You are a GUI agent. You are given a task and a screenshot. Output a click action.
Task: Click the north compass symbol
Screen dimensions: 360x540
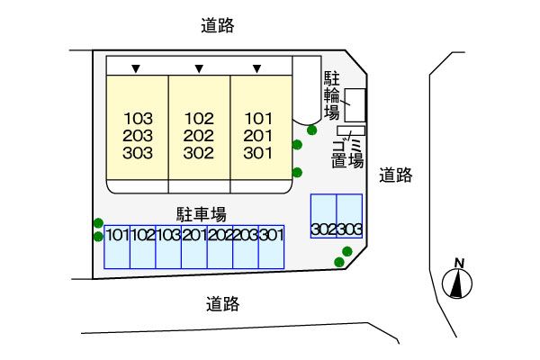[x=459, y=281]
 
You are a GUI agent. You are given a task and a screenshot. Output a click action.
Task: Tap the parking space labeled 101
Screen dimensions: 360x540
[x=117, y=246]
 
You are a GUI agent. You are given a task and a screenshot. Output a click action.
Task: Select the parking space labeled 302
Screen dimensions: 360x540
[x=323, y=229]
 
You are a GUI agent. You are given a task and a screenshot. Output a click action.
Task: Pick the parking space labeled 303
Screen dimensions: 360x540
[x=349, y=229]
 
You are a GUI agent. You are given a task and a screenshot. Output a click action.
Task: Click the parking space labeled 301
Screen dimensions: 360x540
[x=271, y=246]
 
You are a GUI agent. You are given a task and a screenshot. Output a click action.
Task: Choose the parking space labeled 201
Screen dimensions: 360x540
[x=193, y=246]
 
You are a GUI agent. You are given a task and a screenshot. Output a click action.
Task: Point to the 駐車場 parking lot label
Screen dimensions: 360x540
[x=201, y=213]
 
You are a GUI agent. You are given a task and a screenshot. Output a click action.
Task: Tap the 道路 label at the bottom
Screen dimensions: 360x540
[x=222, y=304]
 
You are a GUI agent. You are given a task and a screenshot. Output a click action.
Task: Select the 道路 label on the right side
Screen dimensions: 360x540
[x=395, y=175]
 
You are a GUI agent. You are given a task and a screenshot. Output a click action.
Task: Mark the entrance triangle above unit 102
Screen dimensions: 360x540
[x=197, y=67]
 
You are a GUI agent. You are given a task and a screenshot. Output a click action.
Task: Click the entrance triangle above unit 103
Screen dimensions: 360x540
[x=136, y=67]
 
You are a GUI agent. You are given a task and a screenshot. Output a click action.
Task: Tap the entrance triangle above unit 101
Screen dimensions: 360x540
[x=257, y=67]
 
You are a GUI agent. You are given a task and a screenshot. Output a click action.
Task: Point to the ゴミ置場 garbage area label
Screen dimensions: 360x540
[x=346, y=154]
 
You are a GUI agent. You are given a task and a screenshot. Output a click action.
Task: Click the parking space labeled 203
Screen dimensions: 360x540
[x=245, y=246]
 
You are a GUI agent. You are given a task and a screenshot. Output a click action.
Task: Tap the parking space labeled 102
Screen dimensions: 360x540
[x=142, y=246]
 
